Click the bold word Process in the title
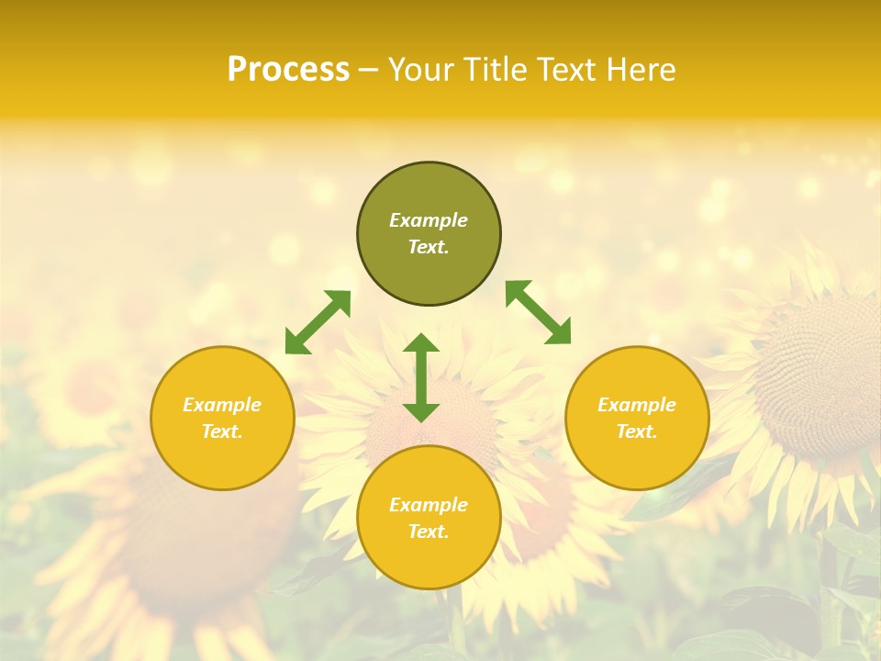coord(288,70)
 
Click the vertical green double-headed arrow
coord(421,378)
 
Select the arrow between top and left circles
coord(318,322)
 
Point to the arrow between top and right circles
coord(538,312)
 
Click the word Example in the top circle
coord(429,220)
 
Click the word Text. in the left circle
coord(222,431)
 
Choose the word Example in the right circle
coord(637,405)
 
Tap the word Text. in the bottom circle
coord(429,532)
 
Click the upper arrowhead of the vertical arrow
coord(421,344)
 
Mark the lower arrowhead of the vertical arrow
coord(421,412)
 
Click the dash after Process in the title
coord(369,70)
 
